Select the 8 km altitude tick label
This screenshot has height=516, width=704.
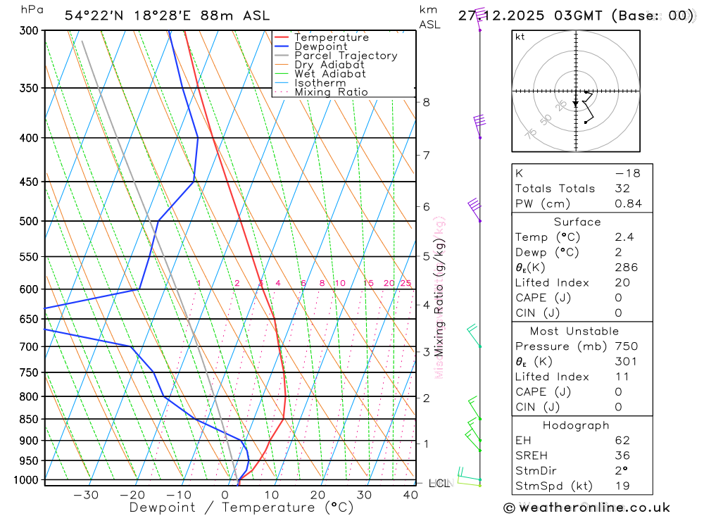click(426, 102)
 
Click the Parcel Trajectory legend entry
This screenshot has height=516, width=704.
click(345, 56)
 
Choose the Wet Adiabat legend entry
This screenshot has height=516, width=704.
click(329, 74)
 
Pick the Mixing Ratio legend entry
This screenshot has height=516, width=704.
click(331, 92)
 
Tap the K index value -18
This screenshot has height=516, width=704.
click(622, 173)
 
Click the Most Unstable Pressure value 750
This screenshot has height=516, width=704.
click(626, 346)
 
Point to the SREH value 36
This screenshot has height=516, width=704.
click(622, 455)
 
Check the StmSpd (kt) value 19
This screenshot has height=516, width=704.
click(622, 486)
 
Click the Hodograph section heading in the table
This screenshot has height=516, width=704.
click(576, 425)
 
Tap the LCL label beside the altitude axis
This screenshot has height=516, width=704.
click(439, 483)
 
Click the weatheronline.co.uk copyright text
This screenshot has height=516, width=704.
click(586, 508)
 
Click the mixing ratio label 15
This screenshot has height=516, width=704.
click(368, 283)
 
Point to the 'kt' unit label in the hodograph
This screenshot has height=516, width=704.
click(520, 37)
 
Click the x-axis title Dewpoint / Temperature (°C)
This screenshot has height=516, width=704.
click(241, 508)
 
